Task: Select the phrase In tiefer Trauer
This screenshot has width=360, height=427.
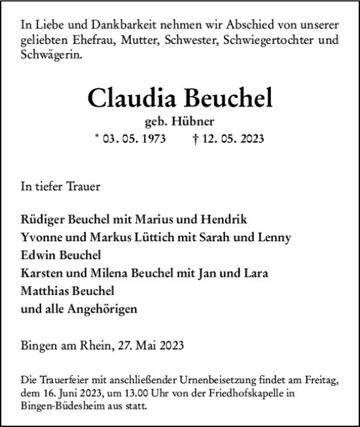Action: [x=60, y=187]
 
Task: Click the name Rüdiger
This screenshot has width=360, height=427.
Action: [x=43, y=218]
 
